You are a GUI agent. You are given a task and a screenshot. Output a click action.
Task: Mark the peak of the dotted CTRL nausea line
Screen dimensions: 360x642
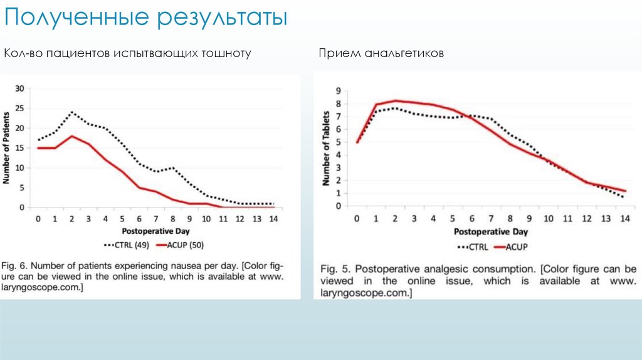pyautogui.click(x=71, y=112)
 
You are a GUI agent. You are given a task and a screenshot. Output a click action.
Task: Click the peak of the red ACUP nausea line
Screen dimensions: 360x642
pyautogui.click(x=71, y=136)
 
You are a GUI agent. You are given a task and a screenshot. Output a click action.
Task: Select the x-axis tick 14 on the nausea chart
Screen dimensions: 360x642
pyautogui.click(x=273, y=218)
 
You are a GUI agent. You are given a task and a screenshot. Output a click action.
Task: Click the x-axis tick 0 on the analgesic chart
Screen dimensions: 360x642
pyautogui.click(x=357, y=218)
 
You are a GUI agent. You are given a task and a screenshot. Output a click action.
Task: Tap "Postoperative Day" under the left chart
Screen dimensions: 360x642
pyautogui.click(x=155, y=231)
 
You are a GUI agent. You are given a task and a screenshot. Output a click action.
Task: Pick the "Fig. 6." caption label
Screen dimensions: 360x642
pyautogui.click(x=18, y=263)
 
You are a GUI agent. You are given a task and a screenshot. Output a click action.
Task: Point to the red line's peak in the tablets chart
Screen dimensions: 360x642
pyautogui.click(x=396, y=100)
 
